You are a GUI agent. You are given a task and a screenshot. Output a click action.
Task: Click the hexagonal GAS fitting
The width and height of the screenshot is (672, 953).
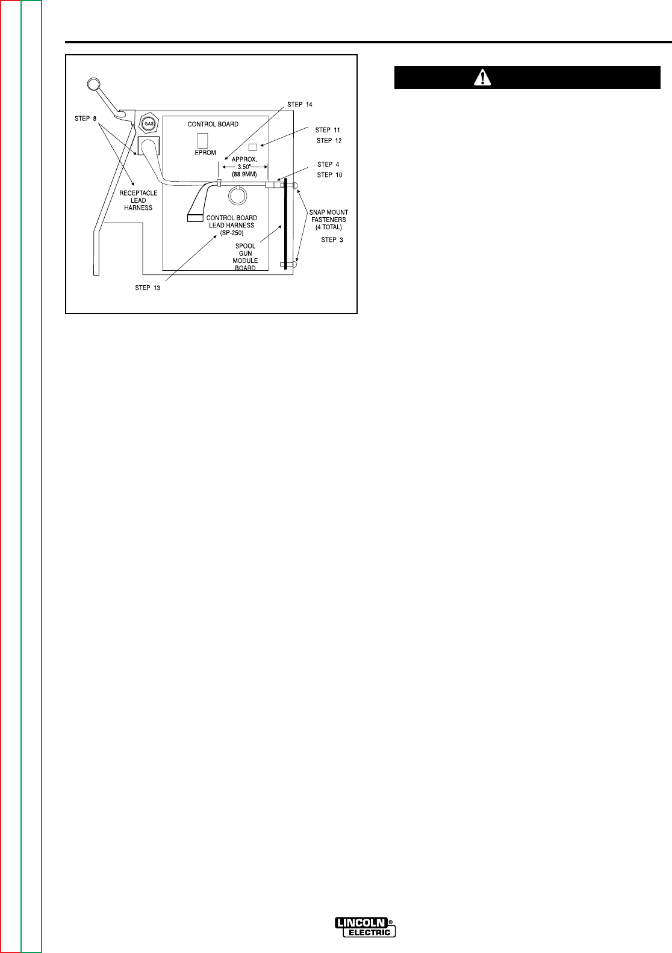coord(148,124)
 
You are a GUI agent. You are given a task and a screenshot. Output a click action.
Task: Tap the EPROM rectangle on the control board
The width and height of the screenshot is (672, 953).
coord(202,139)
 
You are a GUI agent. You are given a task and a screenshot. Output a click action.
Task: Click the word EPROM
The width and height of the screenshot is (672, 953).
coord(205,153)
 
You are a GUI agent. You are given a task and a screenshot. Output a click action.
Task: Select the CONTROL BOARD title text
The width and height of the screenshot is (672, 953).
coord(213,125)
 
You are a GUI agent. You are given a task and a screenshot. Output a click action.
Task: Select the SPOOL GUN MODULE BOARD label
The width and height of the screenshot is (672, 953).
coord(246,257)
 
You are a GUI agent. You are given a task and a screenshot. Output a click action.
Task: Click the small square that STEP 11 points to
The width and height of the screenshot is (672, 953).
coord(253,147)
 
